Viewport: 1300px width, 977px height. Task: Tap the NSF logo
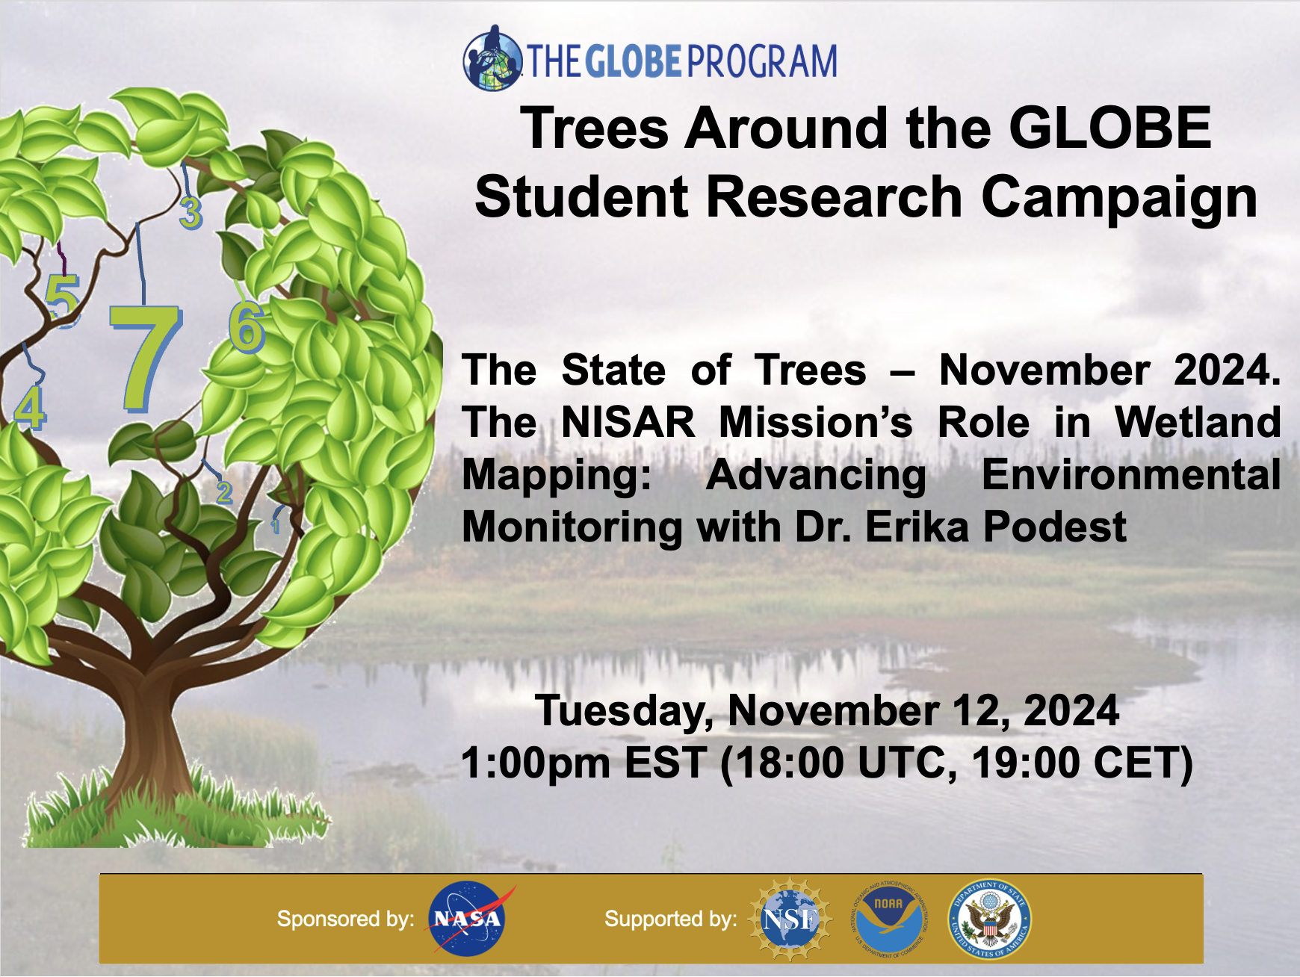790,919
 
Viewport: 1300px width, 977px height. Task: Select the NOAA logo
889,919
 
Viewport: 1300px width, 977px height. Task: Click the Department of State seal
989,919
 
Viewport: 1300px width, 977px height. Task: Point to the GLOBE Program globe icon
492,59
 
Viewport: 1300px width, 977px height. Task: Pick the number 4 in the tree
30,409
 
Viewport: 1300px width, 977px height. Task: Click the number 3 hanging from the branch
191,213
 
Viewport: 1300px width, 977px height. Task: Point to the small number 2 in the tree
223,492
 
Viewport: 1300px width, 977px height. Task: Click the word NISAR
628,423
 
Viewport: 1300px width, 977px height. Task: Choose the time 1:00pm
535,763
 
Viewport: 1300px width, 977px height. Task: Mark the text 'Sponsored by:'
345,919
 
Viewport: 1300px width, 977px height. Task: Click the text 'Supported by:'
670,919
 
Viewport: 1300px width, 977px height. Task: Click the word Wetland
1198,423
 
